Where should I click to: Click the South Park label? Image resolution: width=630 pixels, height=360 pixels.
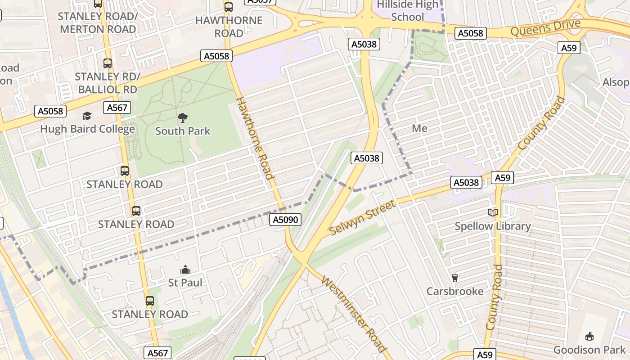[x=183, y=131]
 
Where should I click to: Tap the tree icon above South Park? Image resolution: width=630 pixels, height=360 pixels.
[x=183, y=118]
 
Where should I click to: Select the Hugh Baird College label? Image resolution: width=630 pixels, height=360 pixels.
[x=87, y=129]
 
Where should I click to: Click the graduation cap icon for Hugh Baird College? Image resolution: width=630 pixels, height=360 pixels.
[x=87, y=116]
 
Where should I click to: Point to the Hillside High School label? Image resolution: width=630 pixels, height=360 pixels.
[x=407, y=11]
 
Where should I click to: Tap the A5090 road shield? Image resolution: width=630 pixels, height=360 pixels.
[x=286, y=220]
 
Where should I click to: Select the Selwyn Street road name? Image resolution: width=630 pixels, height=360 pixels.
[x=363, y=218]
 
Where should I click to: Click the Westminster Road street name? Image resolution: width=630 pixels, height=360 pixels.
[x=355, y=314]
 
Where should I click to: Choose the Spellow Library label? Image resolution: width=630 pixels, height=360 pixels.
[x=493, y=226]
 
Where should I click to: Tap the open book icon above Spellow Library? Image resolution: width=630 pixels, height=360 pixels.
[x=493, y=212]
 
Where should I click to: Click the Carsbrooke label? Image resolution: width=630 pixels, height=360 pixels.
[x=455, y=291]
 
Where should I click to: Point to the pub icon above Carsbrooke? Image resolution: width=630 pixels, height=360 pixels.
[x=455, y=278]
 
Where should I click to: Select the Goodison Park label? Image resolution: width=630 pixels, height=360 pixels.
[x=589, y=350]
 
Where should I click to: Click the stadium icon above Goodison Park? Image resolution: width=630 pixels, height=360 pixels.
[x=589, y=336]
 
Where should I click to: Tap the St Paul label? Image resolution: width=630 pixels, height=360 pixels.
[x=185, y=283]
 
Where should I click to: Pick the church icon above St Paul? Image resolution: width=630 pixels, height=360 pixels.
[x=185, y=270]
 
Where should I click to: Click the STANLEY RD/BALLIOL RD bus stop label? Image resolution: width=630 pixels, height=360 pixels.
[x=108, y=83]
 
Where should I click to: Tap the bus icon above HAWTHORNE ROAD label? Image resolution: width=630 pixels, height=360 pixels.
[x=229, y=7]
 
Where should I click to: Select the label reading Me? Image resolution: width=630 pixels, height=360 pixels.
[x=419, y=128]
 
